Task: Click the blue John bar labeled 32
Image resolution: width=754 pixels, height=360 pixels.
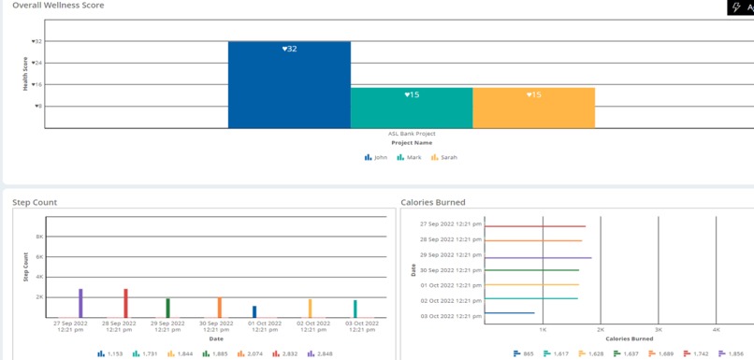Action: tap(289, 84)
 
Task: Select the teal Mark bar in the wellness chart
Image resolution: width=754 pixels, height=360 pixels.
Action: tap(412, 108)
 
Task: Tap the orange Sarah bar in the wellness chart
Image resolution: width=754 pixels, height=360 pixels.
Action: tap(533, 108)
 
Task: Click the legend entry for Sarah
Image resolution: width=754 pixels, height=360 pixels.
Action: tap(444, 158)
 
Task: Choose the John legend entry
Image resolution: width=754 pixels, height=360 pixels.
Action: tap(376, 158)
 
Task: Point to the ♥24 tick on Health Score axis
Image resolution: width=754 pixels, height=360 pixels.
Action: tap(36, 63)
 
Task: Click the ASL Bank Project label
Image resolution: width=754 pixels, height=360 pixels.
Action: tap(412, 134)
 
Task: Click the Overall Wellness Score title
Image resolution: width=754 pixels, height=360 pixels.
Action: tap(58, 6)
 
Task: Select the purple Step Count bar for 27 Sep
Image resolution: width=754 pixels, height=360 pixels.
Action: tap(80, 303)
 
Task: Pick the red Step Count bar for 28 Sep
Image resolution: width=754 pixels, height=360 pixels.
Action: tap(126, 303)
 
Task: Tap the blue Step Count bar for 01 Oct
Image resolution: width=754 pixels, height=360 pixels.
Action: tap(254, 312)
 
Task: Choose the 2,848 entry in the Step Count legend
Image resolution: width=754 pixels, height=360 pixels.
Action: tap(320, 354)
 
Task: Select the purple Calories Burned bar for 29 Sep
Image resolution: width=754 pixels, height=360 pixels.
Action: tap(538, 258)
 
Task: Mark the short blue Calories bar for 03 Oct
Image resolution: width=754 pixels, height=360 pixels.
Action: tap(510, 313)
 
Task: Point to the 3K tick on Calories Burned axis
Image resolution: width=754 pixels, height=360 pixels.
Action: tap(659, 330)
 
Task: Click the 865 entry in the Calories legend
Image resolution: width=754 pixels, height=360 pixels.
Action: tap(524, 354)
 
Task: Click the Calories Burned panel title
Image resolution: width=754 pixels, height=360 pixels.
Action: tap(433, 202)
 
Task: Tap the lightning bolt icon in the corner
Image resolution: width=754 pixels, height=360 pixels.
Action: tap(736, 7)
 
